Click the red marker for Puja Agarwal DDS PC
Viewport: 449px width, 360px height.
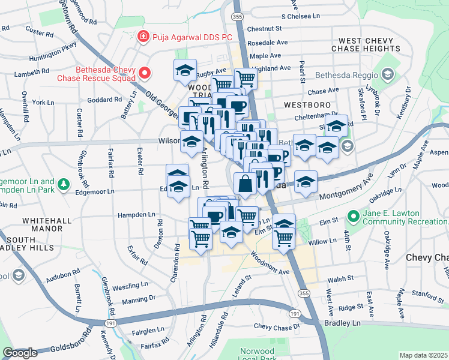pyautogui.click(x=143, y=37)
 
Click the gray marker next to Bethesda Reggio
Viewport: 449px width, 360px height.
pyautogui.click(x=387, y=74)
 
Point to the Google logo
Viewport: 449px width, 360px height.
pyautogui.click(x=20, y=353)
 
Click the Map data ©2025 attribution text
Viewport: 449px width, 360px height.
pyautogui.click(x=423, y=355)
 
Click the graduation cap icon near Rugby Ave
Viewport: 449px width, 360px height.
pyautogui.click(x=185, y=70)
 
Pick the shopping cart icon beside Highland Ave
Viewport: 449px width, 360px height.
pyautogui.click(x=245, y=77)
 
